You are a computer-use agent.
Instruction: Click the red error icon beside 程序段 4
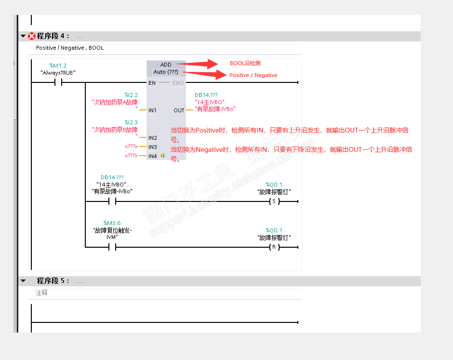(x=32, y=36)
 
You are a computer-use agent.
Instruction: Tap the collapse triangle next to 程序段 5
(x=23, y=280)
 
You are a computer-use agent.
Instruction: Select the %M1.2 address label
(x=58, y=66)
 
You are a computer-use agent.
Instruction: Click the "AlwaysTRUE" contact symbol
(x=59, y=83)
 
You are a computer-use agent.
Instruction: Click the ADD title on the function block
(x=166, y=65)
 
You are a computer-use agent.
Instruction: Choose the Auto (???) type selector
(x=166, y=72)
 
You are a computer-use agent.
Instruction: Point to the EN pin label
(x=152, y=83)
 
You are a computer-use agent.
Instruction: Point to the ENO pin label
(x=178, y=83)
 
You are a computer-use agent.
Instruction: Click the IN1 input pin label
(x=152, y=110)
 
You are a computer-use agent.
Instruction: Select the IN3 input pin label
(x=152, y=147)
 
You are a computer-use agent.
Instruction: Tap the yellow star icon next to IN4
(x=163, y=156)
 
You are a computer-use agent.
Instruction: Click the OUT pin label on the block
(x=179, y=110)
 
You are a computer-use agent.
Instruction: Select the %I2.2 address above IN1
(x=131, y=95)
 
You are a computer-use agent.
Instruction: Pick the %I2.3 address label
(x=131, y=122)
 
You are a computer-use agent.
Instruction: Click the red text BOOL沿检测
(x=245, y=63)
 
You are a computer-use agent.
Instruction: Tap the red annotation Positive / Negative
(x=253, y=75)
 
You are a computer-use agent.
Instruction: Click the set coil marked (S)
(x=274, y=201)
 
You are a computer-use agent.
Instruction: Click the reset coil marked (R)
(x=274, y=247)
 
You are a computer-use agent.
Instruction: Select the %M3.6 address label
(x=112, y=223)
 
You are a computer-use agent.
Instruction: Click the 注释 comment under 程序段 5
(x=42, y=293)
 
